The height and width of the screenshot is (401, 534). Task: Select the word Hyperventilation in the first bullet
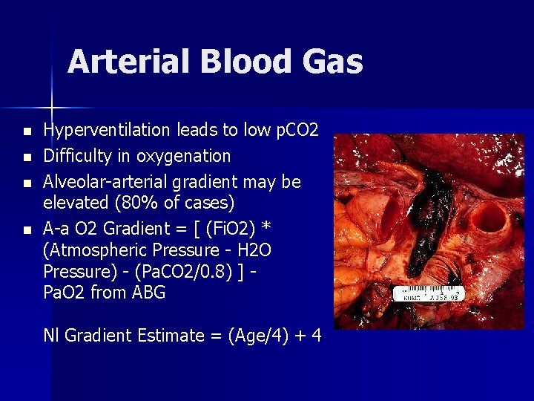[107, 131]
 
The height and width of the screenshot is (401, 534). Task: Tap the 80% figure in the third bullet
[134, 203]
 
